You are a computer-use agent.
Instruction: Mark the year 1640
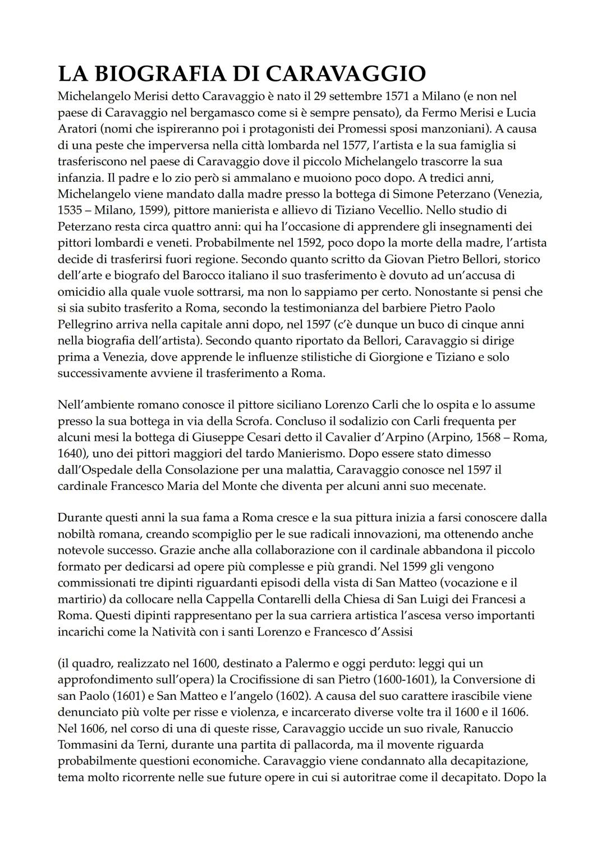pos(71,453)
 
